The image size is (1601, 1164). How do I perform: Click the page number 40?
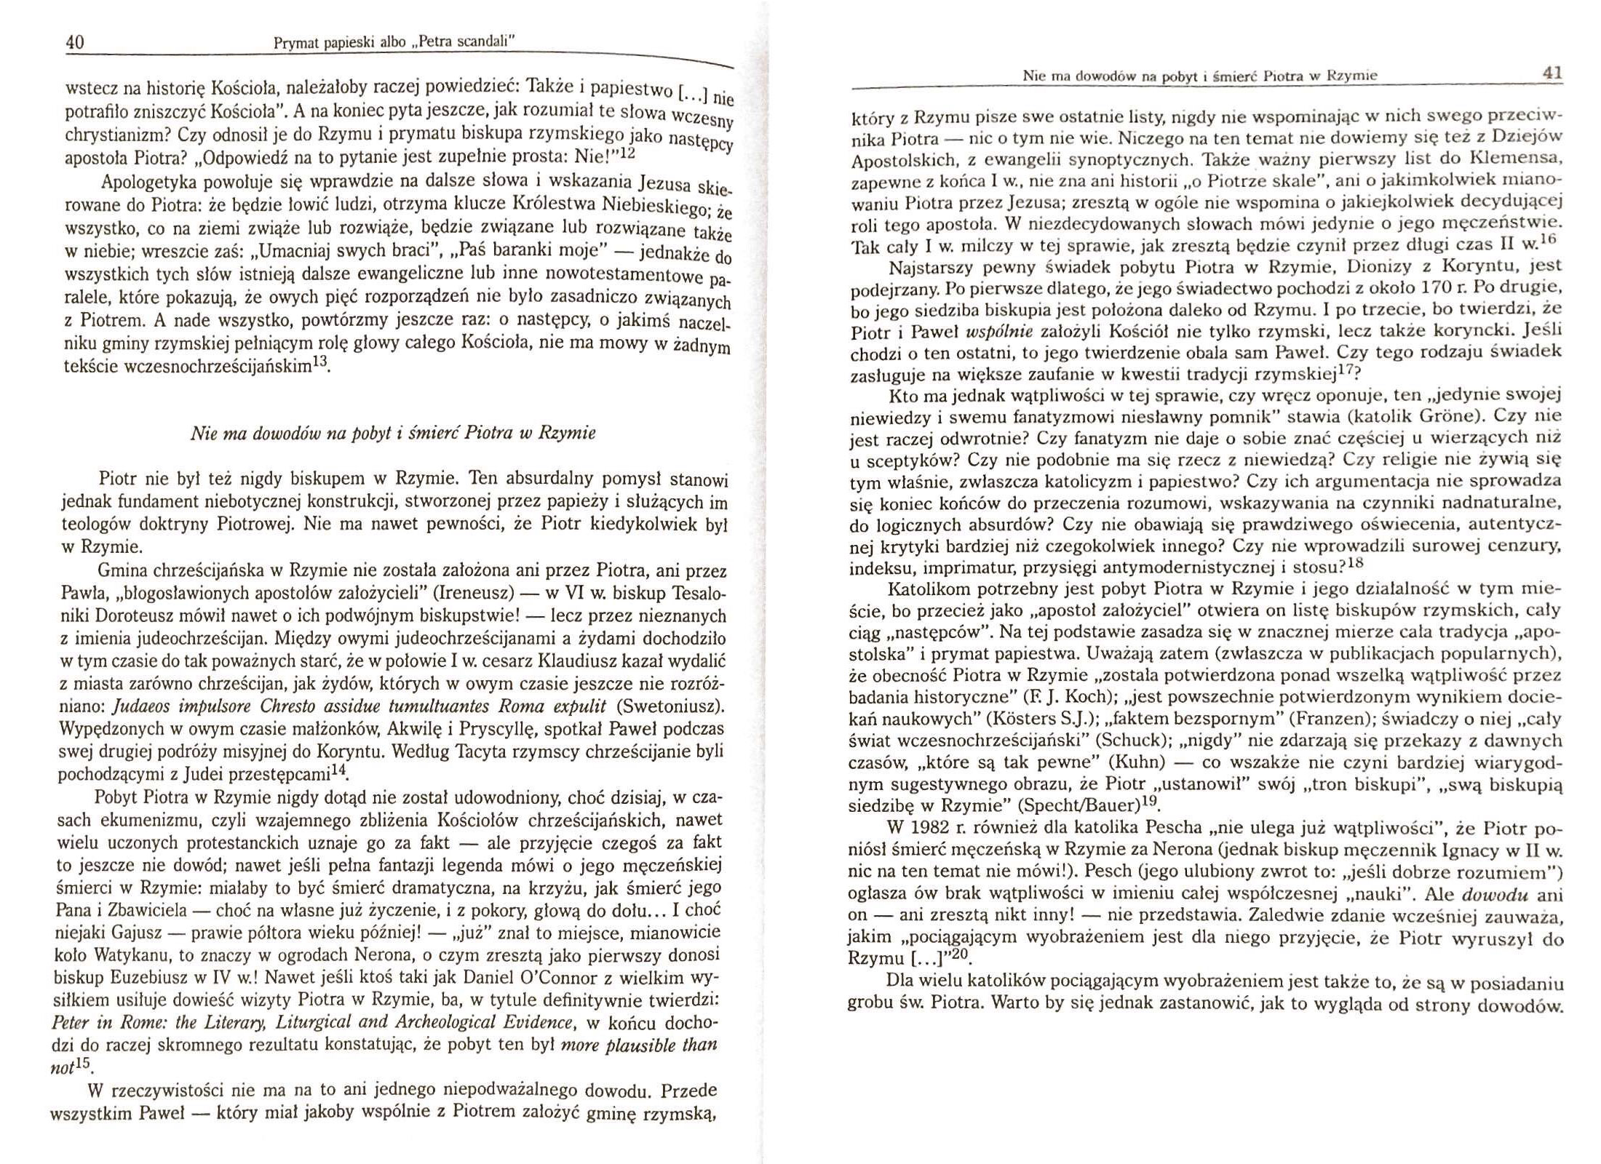(x=75, y=42)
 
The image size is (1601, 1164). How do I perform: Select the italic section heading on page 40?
(x=392, y=434)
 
